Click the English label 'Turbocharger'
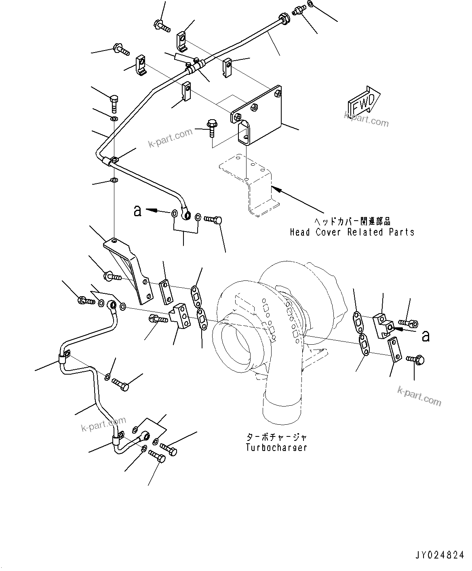tap(276, 447)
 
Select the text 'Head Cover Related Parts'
tap(352, 232)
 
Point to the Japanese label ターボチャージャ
tap(276, 438)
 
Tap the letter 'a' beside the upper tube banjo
tap(138, 211)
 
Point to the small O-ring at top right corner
tap(310, 4)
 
